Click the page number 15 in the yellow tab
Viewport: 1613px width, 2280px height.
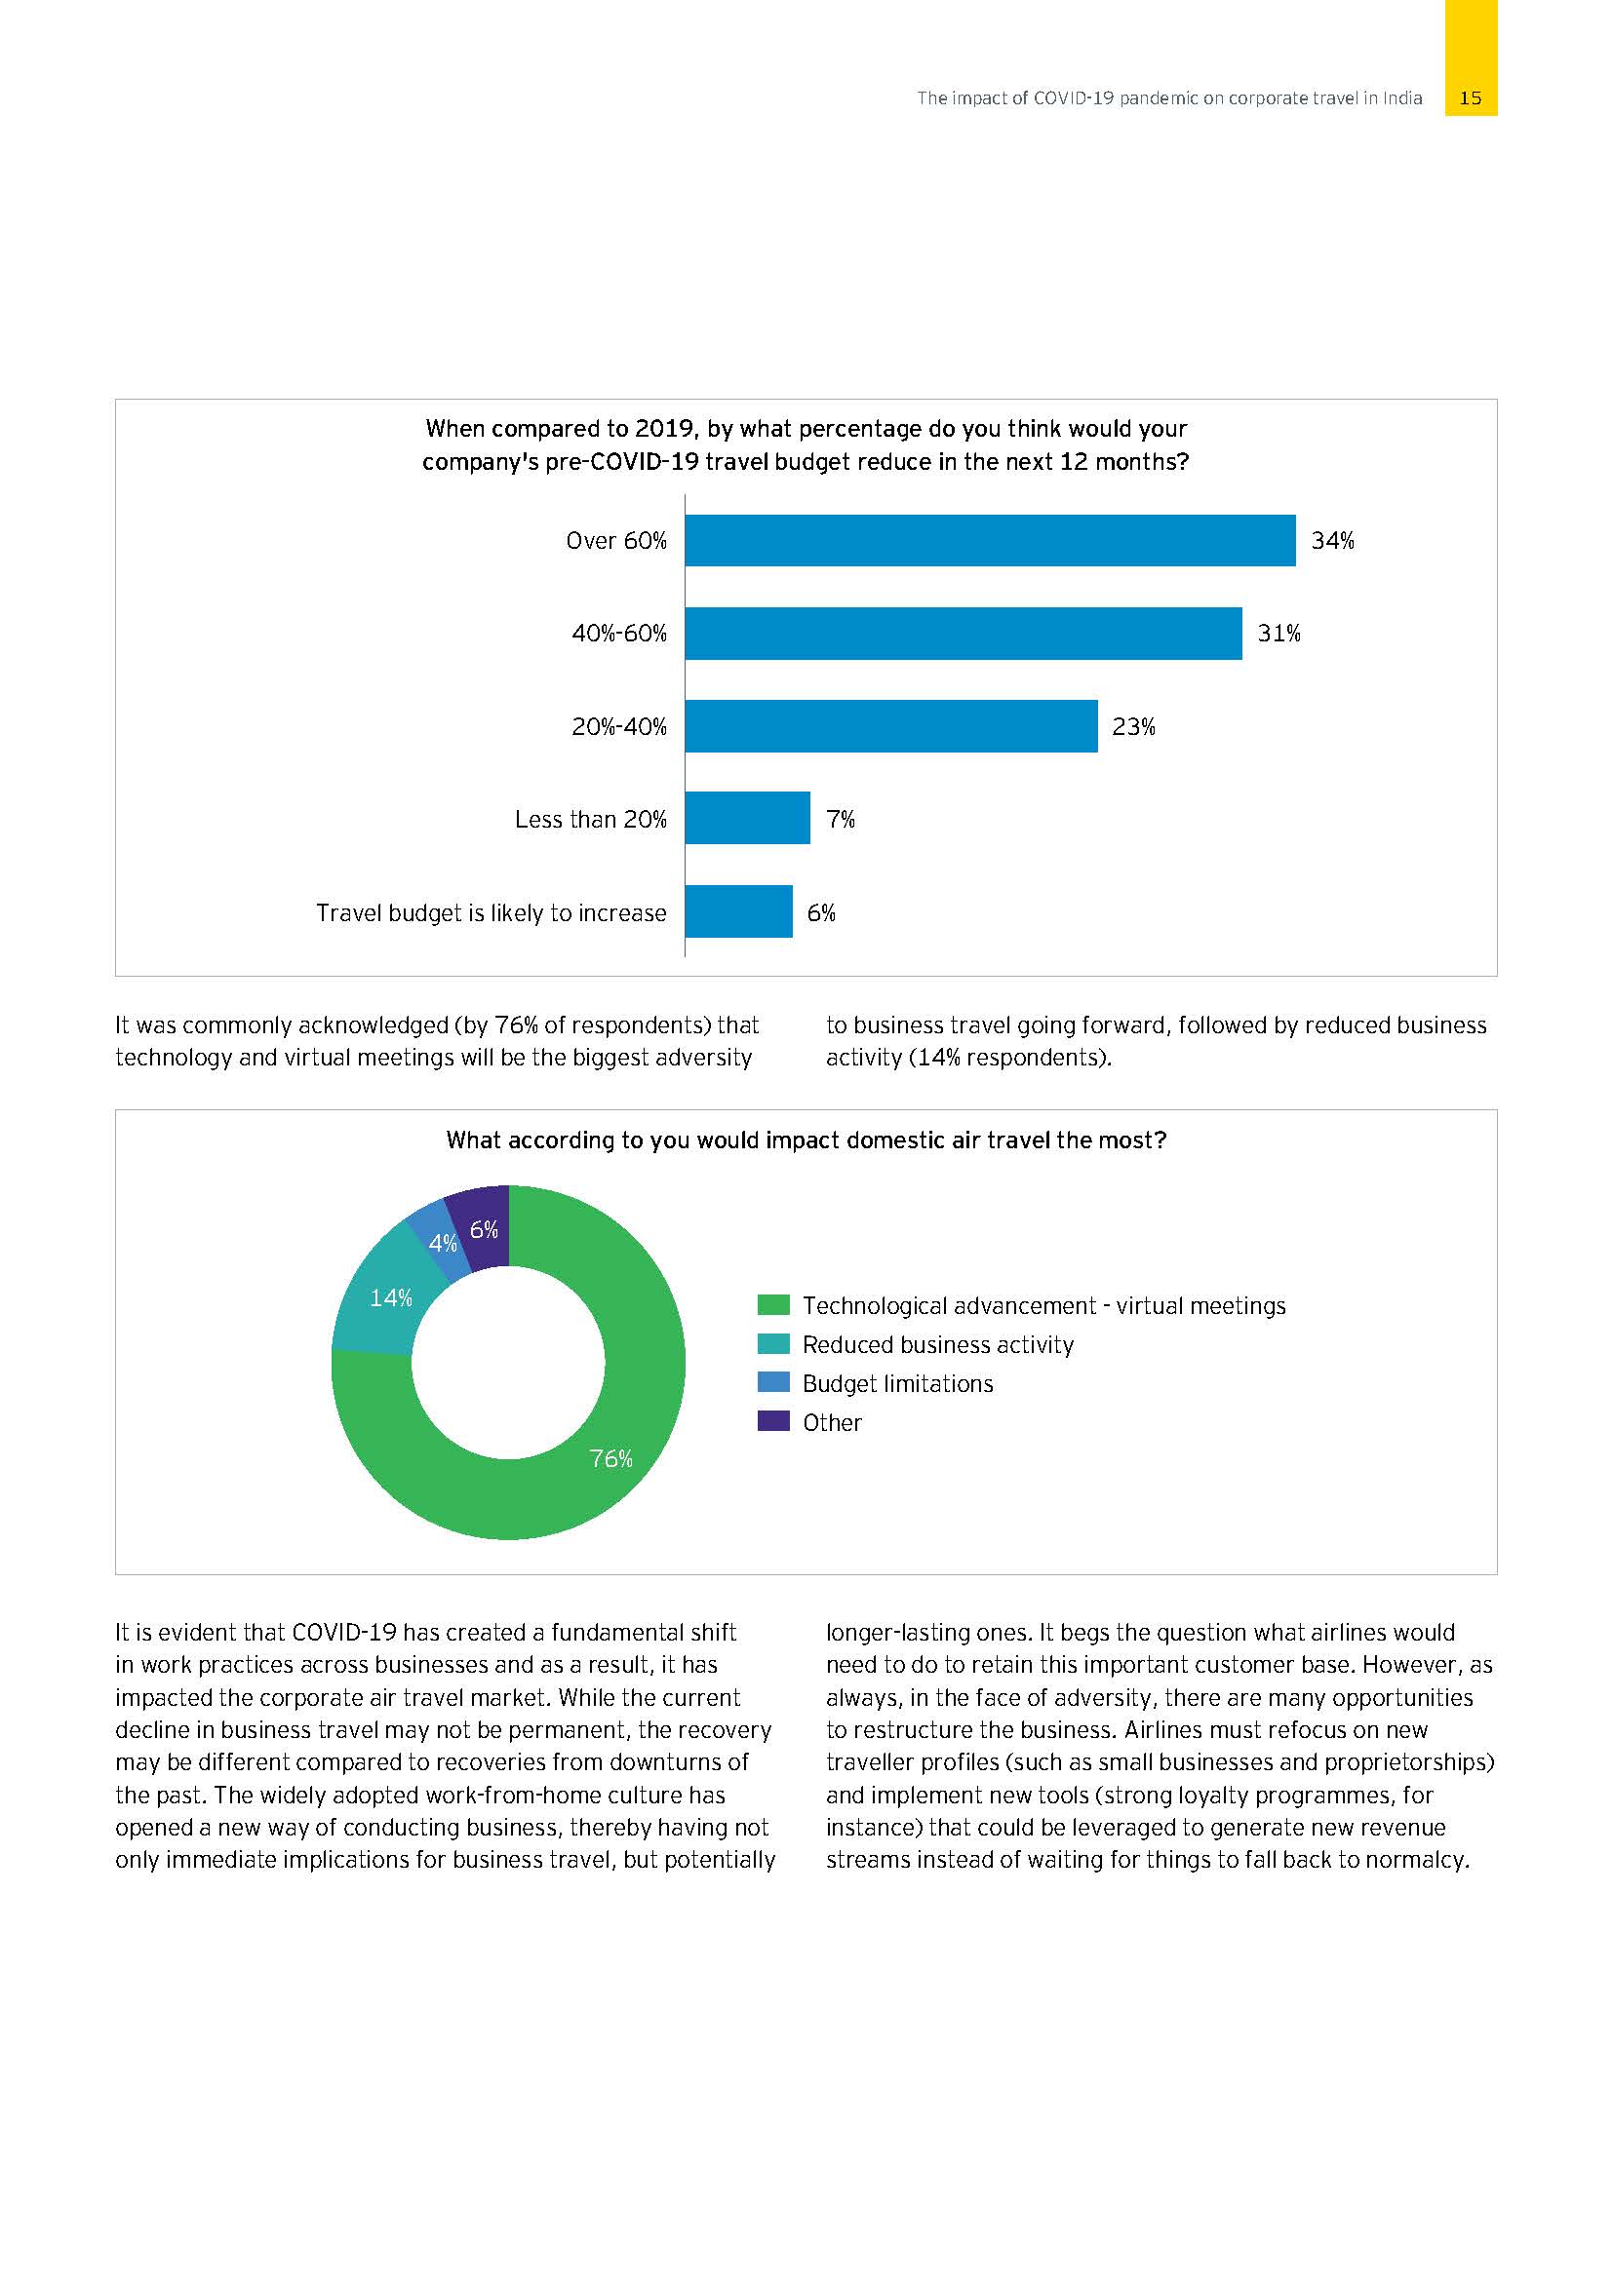coord(1470,98)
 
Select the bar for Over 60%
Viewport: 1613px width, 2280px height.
coord(989,540)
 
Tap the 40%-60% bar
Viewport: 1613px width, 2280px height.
coord(963,633)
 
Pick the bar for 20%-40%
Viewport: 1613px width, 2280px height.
coord(890,726)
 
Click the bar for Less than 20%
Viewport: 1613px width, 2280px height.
coord(747,818)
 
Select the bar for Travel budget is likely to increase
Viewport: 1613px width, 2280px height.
coord(738,911)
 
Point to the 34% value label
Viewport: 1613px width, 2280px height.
coord(1332,541)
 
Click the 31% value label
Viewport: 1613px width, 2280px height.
coord(1279,634)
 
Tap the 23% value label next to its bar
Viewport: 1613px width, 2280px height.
coord(1133,727)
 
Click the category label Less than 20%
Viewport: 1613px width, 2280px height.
coord(590,819)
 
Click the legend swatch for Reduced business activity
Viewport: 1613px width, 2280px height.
coord(772,1343)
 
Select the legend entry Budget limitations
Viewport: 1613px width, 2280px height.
coord(897,1383)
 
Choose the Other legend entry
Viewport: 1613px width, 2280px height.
coord(831,1422)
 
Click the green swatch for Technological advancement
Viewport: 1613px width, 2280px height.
coord(772,1305)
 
